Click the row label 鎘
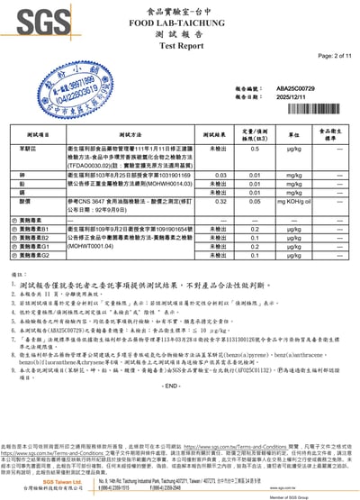click(x=25, y=192)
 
